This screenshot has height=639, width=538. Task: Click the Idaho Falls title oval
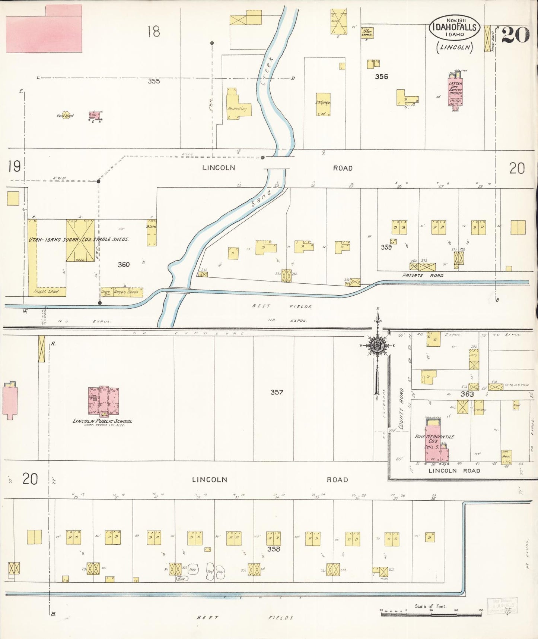454,28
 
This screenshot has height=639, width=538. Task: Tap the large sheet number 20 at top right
515,35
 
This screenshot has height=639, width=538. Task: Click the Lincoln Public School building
104,401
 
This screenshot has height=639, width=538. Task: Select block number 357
277,392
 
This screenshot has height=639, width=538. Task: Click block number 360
124,265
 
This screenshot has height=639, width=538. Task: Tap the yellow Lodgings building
323,104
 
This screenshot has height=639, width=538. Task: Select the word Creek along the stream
267,71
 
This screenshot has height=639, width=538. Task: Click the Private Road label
423,276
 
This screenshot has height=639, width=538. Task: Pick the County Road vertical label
401,408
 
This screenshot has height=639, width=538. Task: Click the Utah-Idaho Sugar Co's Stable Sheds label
79,239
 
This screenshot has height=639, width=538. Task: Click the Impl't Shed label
46,291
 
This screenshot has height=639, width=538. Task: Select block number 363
467,394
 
